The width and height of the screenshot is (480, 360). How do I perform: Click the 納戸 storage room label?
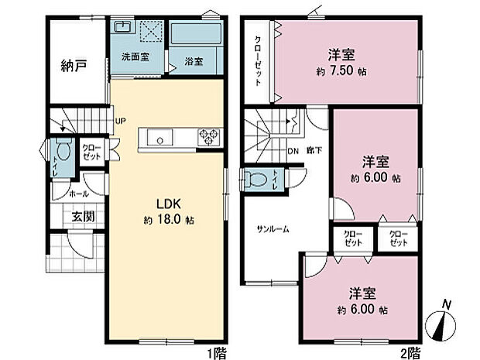click(x=74, y=65)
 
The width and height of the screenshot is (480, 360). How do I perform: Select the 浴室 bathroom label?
click(x=194, y=61)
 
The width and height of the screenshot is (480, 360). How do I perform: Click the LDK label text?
click(x=169, y=204)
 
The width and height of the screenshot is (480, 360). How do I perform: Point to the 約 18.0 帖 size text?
click(x=169, y=220)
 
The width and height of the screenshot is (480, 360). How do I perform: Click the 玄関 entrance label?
click(x=84, y=216)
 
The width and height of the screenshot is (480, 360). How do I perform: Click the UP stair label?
click(x=120, y=121)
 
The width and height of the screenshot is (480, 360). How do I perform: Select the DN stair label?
click(x=293, y=152)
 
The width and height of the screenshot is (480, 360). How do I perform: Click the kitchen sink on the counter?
click(x=161, y=139)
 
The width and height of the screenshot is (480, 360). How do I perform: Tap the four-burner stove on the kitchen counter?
click(x=209, y=138)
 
